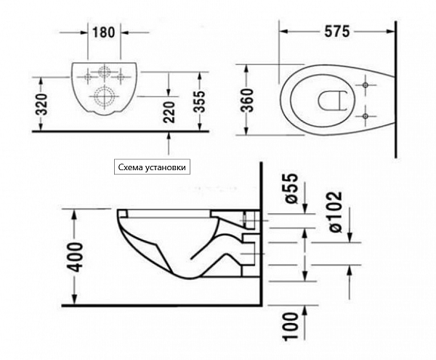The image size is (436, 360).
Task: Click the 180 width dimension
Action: [104, 32]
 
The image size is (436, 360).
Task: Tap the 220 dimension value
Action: [171, 113]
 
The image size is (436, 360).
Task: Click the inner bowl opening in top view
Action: [331, 101]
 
